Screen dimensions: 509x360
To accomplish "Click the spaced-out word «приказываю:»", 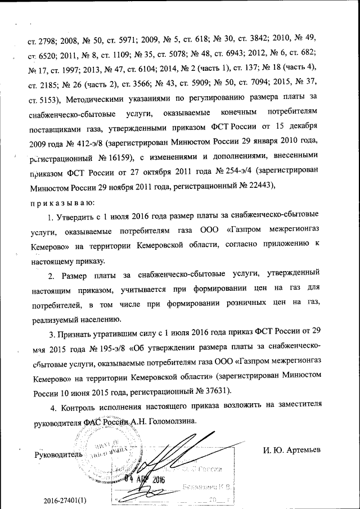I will pyautogui.click(x=62, y=201).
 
